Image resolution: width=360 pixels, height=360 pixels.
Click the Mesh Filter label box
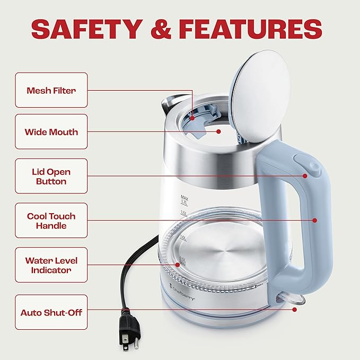[x=51, y=90]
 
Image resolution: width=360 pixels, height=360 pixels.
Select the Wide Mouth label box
[x=51, y=131]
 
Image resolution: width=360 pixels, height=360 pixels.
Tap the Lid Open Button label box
[x=51, y=176]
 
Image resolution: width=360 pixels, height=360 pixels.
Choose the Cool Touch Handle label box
[x=51, y=221]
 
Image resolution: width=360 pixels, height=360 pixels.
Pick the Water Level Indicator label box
[x=51, y=265]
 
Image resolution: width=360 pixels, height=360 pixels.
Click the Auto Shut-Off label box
[x=51, y=312]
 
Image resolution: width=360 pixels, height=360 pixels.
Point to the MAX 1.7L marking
[x=185, y=199]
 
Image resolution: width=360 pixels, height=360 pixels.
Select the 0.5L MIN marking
[x=182, y=261]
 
